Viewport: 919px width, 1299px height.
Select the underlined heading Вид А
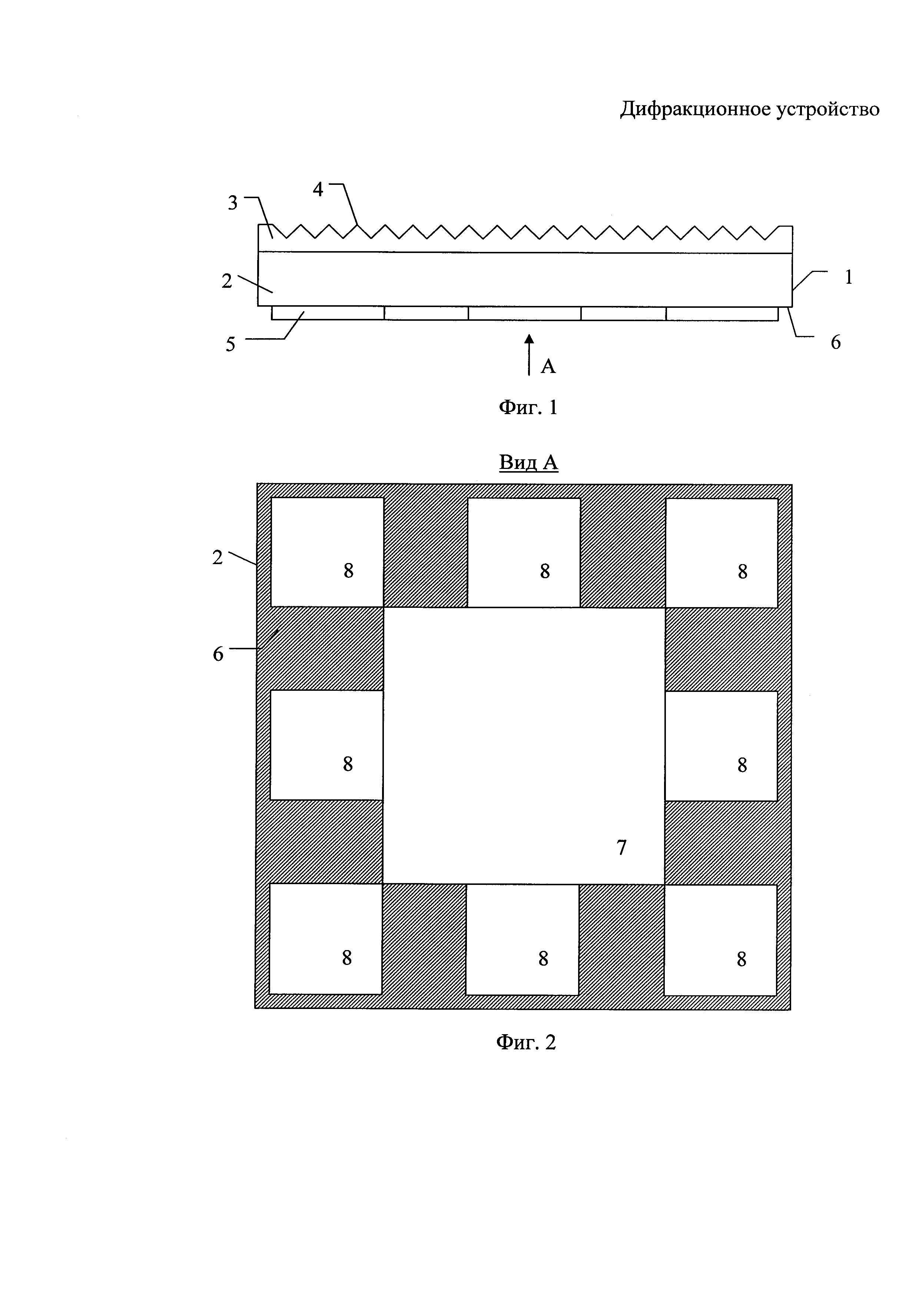pos(528,462)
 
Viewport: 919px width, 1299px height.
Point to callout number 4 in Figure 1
pos(318,190)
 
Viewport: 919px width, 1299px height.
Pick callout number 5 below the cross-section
pos(230,344)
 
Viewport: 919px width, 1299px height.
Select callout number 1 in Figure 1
pos(848,277)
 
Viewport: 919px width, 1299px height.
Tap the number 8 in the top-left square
pos(349,571)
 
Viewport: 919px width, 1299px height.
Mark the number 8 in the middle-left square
pos(348,765)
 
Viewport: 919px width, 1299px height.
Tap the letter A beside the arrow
pos(548,367)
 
